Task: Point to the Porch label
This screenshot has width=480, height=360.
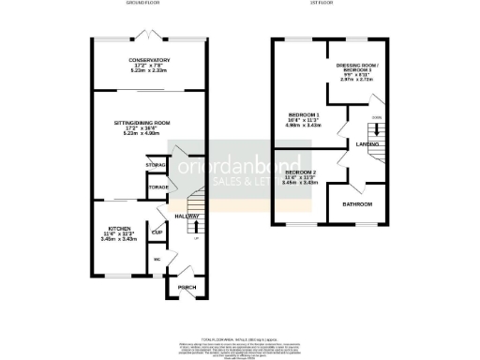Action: [188, 287]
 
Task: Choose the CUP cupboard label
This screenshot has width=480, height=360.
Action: [157, 232]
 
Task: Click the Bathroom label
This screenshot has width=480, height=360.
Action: [357, 204]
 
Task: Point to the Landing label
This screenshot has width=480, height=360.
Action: [367, 144]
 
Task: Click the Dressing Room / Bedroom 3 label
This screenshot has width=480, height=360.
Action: [361, 67]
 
